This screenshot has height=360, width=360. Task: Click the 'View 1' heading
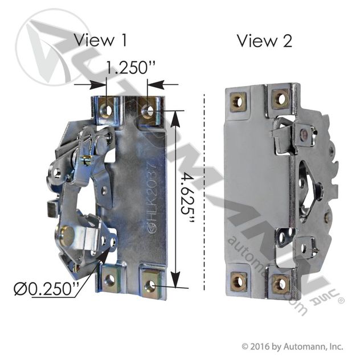100,41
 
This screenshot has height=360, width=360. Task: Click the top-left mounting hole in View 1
106,109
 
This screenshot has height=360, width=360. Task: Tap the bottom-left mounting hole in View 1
109,280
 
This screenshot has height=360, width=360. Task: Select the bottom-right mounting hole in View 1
150,281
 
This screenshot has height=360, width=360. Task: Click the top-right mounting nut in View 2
280,98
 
